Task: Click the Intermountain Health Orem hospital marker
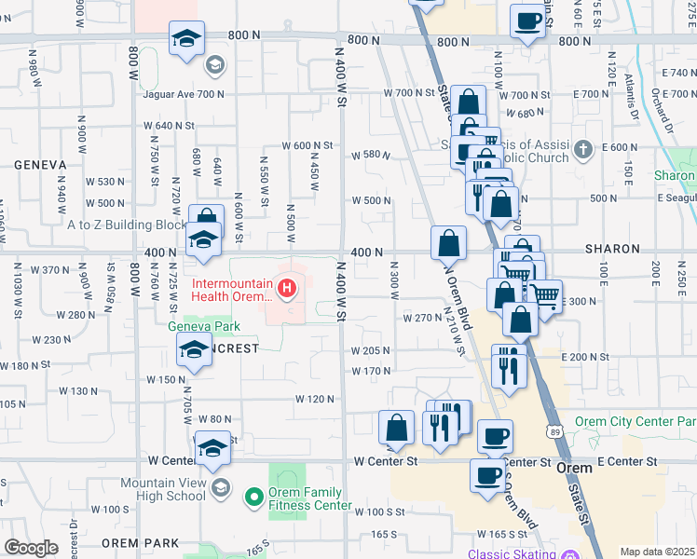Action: click(x=287, y=290)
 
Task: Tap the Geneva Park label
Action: click(x=204, y=326)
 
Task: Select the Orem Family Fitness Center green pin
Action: click(x=253, y=498)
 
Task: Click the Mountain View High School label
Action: click(x=162, y=490)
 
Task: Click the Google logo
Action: click(x=31, y=548)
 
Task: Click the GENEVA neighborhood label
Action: click(x=40, y=165)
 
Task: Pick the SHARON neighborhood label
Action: click(x=611, y=250)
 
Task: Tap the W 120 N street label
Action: click(x=314, y=399)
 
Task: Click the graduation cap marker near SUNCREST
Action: click(x=194, y=351)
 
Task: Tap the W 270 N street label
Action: click(x=421, y=318)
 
